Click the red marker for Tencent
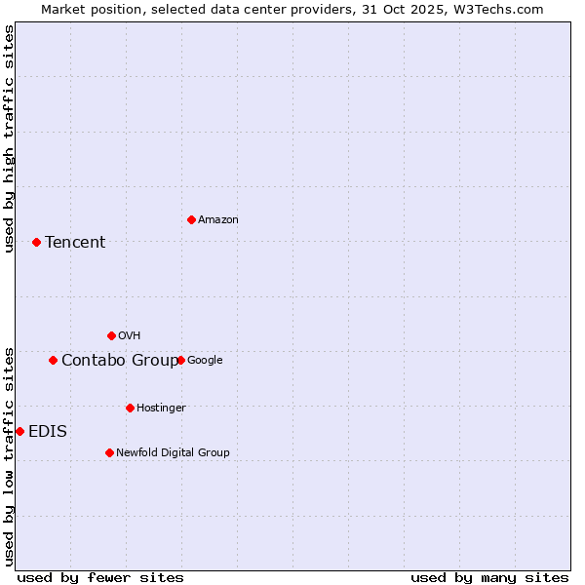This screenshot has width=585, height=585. coord(36,242)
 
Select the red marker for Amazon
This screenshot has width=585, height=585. coord(191,219)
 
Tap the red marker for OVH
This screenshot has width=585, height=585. coord(111,335)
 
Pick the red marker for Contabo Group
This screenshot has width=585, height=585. coord(53,360)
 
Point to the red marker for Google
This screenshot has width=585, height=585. coord(180,360)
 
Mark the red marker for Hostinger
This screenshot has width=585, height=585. coord(130,408)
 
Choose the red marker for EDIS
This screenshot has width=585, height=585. coord(19,431)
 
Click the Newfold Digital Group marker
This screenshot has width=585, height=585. coord(109,452)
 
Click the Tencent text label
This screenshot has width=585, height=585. coord(75,243)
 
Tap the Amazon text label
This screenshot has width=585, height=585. coord(217,220)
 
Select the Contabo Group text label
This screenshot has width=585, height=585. coord(120,361)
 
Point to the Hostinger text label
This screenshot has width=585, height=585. coord(161,408)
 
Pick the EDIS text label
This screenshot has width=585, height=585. coord(48,432)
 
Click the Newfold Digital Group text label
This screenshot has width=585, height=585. coord(173,452)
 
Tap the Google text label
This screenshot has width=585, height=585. coord(205,361)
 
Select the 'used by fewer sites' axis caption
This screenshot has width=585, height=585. coord(100,577)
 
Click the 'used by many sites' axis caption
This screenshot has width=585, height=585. coord(489,577)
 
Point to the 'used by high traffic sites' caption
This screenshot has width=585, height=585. coord(9,138)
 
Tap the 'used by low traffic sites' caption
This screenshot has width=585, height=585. coord(9,456)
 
